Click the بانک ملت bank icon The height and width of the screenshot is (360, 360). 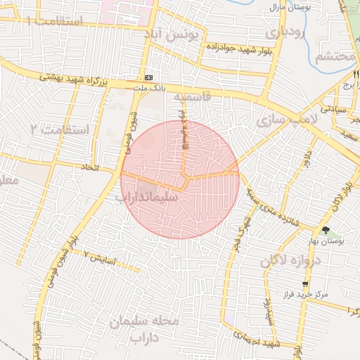click(148, 77)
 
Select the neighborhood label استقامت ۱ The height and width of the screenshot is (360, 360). click(54, 22)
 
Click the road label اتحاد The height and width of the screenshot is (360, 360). click(106, 169)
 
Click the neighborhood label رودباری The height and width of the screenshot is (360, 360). click(286, 32)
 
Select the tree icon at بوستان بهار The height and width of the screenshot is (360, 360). click(325, 230)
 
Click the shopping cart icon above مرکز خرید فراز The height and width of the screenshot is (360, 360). click(304, 284)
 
